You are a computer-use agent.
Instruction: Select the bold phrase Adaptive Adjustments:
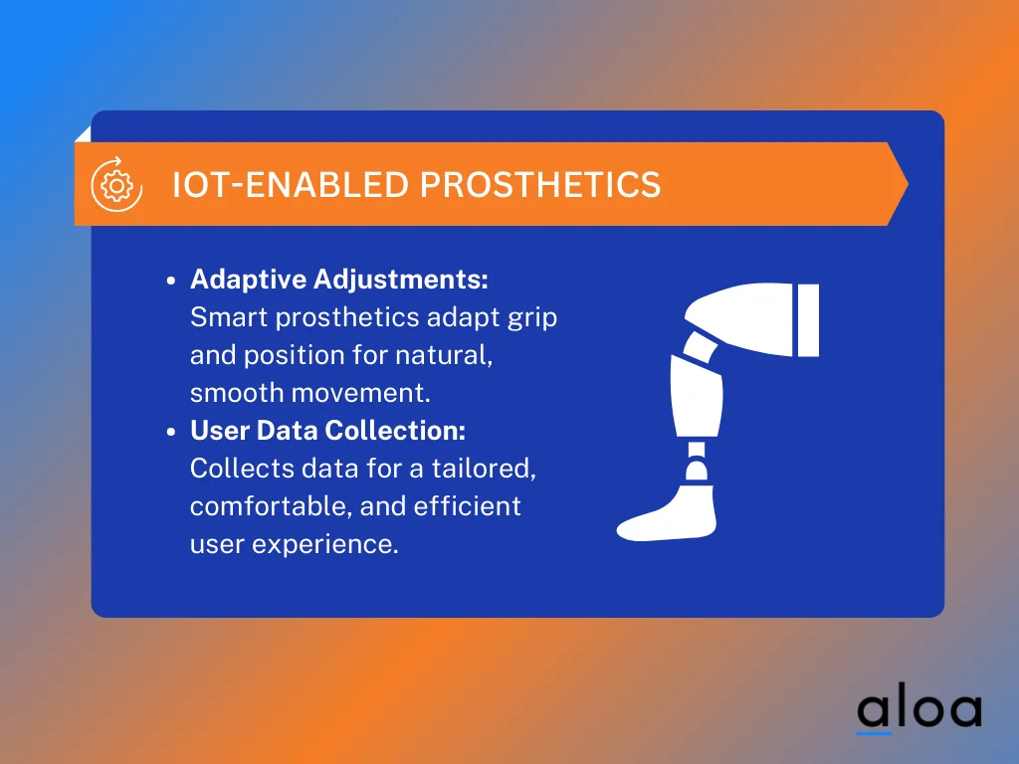point(339,280)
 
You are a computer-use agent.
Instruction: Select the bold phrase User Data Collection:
point(328,431)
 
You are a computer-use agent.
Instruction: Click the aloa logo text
point(918,709)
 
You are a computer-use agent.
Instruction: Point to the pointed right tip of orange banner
point(904,184)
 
